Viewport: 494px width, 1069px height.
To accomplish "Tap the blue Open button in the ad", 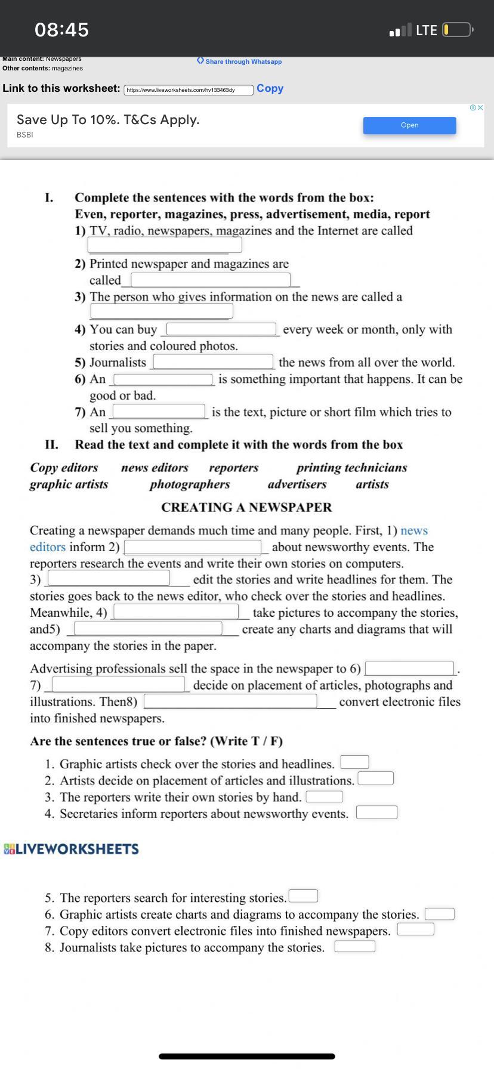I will point(409,125).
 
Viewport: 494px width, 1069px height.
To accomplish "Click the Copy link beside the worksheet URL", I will point(270,88).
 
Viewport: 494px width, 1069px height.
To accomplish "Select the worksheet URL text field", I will point(189,90).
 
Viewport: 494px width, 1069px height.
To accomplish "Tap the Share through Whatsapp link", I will point(240,61).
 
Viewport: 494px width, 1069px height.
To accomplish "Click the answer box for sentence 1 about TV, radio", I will point(165,245).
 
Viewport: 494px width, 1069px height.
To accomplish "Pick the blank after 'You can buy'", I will point(221,329).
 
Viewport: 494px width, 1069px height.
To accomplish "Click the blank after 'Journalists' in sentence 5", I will point(213,362).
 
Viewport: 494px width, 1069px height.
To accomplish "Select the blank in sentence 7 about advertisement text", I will point(159,412).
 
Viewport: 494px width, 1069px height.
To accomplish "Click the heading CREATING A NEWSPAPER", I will point(246,507).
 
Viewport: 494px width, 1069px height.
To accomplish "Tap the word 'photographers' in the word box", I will point(190,484).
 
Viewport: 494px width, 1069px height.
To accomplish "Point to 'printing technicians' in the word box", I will point(351,468).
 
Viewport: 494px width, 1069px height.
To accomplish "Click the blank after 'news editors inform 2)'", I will point(193,547).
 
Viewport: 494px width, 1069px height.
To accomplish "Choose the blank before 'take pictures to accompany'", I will point(176,612).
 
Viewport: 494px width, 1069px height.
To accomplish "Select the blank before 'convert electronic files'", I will point(230,702).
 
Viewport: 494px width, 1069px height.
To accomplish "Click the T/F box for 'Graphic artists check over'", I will point(354,762).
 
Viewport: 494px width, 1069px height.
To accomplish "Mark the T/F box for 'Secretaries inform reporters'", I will point(376,812).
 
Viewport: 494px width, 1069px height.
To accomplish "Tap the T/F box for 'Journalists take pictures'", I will point(354,947).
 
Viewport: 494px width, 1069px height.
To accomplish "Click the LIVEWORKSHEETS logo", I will point(71,849).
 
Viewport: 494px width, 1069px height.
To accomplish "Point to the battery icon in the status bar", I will point(458,30).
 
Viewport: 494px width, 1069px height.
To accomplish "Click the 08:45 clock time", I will point(61,30).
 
